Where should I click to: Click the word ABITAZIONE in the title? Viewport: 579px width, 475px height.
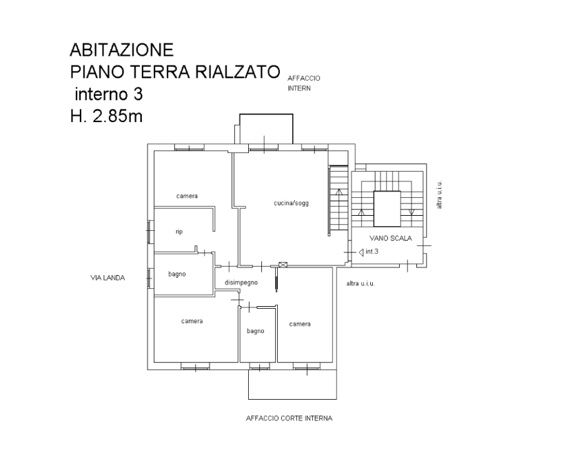point(121,50)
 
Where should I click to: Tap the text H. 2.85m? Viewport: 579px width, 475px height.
point(106,117)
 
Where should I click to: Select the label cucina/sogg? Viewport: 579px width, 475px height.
point(292,203)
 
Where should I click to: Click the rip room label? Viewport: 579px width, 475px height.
point(179,232)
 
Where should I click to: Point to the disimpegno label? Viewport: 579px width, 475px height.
point(241,283)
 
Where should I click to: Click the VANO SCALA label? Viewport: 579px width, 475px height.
point(390,239)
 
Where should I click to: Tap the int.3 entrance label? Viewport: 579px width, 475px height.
point(372,252)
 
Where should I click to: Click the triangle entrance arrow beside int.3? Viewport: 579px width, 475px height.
point(360,252)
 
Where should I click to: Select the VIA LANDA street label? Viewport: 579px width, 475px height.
point(108,278)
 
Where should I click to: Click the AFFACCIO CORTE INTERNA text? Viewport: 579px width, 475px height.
point(289,418)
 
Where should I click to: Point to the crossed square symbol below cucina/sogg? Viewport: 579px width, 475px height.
point(283,265)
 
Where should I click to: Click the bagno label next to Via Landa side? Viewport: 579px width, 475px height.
point(177,274)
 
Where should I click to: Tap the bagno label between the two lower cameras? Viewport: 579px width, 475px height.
point(256,331)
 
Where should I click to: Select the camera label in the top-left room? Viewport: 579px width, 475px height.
point(187,196)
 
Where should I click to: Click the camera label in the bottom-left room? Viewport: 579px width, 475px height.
point(192,321)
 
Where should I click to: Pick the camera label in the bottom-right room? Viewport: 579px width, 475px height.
point(300,324)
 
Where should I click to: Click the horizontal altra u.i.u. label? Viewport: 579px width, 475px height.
point(360,283)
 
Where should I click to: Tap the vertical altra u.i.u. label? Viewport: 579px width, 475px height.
point(439,194)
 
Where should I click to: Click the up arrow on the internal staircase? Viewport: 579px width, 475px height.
point(339,192)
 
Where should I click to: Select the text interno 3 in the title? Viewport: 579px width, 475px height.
point(109,94)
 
